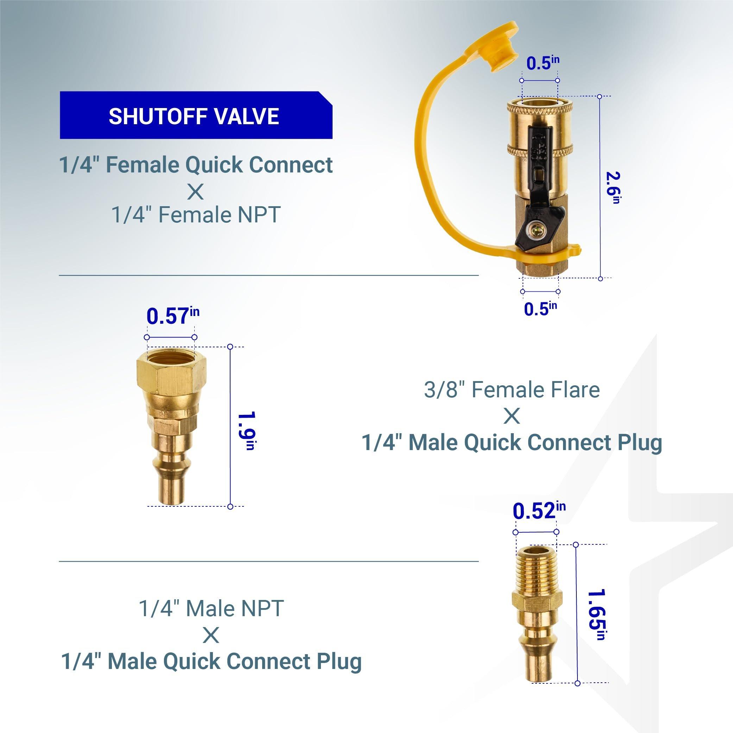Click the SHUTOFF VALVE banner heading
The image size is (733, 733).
click(194, 116)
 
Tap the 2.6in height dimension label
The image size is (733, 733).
click(612, 188)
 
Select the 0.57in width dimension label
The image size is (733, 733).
click(173, 316)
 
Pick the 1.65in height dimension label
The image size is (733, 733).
click(596, 614)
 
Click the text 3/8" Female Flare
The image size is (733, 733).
click(512, 390)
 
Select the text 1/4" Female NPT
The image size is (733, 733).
click(196, 215)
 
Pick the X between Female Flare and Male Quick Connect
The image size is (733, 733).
click(512, 416)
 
